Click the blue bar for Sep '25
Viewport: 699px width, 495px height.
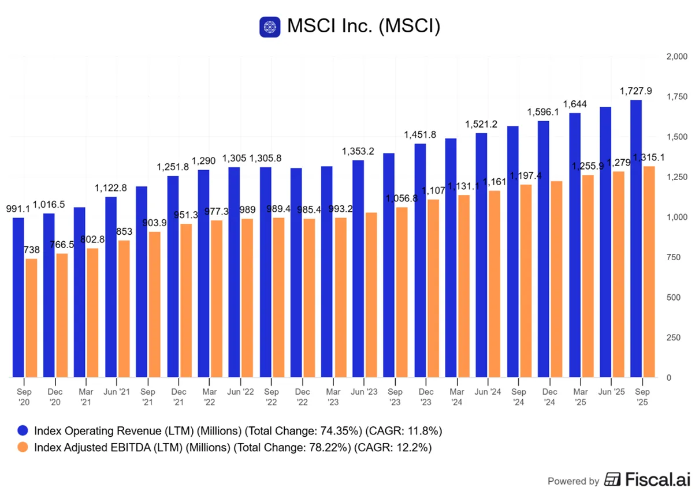(635, 238)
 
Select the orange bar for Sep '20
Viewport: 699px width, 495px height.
(31, 318)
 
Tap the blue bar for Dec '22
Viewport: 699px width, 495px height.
(296, 273)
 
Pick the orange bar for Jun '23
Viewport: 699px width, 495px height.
(371, 295)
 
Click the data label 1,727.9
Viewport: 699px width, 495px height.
(635, 91)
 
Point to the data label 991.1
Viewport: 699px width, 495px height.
(18, 209)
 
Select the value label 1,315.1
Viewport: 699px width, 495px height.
(648, 157)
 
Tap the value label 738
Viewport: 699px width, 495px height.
(32, 250)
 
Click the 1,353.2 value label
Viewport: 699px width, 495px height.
(358, 151)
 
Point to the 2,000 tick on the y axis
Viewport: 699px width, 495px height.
(677, 57)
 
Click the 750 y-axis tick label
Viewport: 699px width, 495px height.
(674, 257)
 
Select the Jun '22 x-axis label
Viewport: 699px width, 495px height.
(240, 392)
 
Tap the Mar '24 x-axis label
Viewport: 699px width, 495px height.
(457, 397)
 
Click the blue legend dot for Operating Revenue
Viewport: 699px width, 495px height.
(23, 430)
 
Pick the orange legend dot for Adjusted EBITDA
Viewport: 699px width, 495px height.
(23, 447)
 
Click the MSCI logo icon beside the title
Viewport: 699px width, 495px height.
(270, 27)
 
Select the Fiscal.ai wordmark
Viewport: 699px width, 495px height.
(658, 480)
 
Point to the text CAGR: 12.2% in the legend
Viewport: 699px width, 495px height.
(393, 448)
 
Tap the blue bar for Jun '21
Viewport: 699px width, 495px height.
(111, 287)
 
